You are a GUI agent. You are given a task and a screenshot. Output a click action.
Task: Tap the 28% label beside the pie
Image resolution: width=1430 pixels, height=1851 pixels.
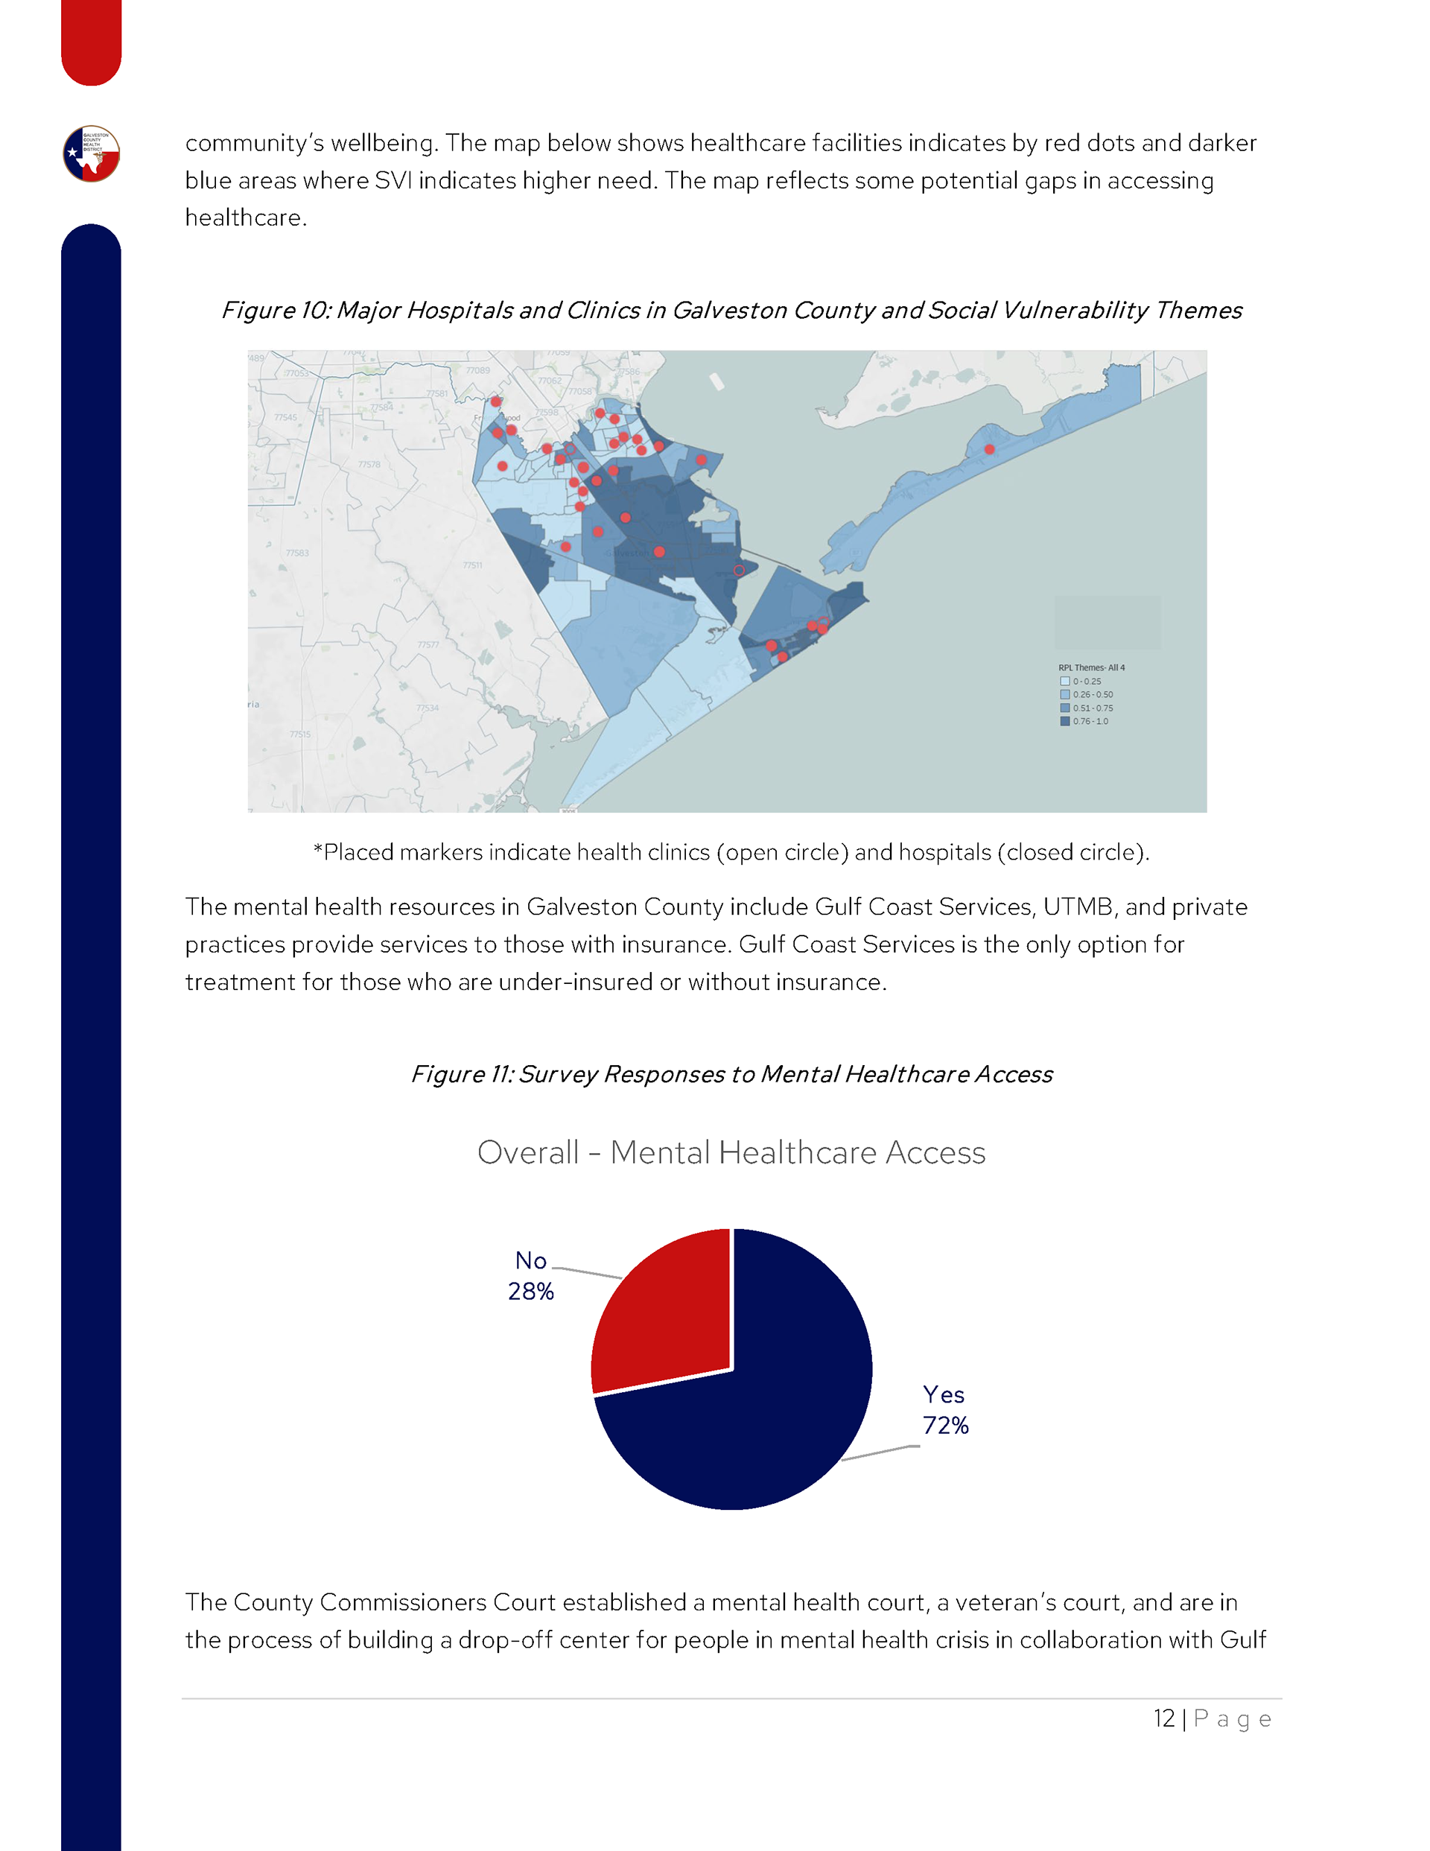530,1291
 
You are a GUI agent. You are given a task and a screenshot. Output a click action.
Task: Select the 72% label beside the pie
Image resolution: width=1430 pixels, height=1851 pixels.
945,1425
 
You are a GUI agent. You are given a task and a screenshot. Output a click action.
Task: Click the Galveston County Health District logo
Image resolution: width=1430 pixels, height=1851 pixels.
92,153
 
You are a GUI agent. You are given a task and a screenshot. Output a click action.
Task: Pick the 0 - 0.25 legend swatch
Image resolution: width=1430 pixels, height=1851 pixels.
1064,682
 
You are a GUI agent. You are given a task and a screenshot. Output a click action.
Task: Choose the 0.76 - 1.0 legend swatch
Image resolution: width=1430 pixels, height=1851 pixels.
1064,721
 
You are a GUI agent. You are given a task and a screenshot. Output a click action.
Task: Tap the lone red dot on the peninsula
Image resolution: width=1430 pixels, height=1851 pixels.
989,449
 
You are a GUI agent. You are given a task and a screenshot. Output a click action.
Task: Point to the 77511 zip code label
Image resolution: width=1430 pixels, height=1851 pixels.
472,565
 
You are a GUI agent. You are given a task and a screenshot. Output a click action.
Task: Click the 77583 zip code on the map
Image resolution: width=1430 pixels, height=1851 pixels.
296,553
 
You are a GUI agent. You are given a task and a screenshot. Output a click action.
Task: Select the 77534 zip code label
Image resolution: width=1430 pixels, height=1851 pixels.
428,708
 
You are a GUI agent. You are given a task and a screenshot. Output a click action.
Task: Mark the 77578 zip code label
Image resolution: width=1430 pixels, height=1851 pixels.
369,465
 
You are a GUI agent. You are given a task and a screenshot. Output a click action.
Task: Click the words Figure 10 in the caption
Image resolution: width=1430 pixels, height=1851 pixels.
275,310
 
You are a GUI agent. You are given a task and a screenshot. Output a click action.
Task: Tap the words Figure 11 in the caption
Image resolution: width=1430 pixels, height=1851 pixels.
462,1074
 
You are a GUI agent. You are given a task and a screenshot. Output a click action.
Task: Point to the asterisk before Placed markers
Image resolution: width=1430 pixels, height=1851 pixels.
318,850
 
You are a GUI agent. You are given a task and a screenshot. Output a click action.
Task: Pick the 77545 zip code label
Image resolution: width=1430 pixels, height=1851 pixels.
286,418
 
